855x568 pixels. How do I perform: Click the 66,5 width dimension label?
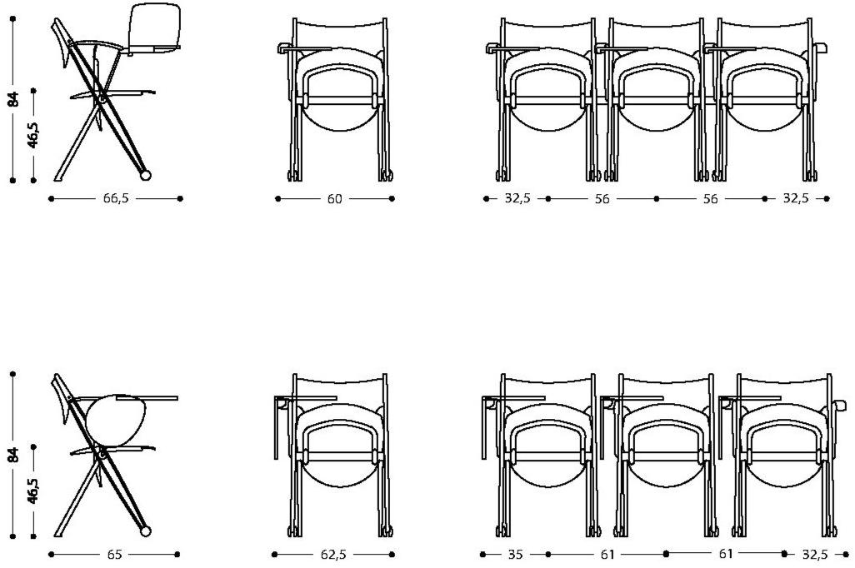click(116, 198)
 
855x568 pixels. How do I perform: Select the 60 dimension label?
click(335, 199)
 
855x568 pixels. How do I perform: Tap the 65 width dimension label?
click(114, 555)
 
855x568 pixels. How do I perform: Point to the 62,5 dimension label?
click(333, 555)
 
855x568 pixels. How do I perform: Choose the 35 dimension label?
click(515, 555)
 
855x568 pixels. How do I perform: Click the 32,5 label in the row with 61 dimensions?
click(815, 555)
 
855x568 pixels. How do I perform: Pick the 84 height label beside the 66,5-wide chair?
click(14, 99)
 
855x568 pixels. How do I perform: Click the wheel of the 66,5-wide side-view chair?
click(145, 175)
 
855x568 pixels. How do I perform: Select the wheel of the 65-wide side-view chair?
click(146, 531)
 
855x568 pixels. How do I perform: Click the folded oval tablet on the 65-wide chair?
click(116, 417)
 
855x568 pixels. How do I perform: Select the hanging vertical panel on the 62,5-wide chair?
click(276, 428)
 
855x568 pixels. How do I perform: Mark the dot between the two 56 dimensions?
click(656, 199)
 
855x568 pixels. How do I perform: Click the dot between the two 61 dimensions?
click(666, 554)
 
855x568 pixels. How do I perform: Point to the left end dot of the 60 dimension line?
click(278, 199)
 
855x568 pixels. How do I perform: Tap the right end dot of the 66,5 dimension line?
click(181, 199)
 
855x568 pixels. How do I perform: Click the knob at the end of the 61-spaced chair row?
click(840, 406)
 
